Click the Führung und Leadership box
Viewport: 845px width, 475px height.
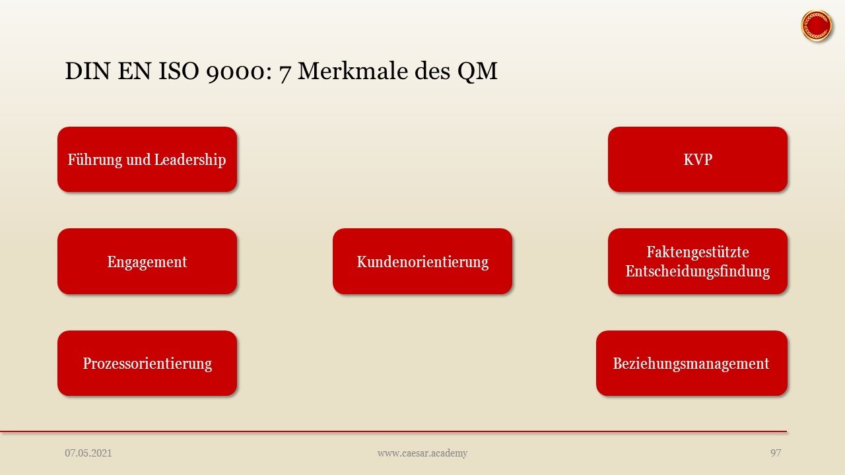tap(147, 160)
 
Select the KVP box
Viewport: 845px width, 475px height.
tap(698, 160)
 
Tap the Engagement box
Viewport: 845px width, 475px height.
tap(147, 261)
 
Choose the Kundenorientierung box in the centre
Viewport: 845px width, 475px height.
tap(422, 261)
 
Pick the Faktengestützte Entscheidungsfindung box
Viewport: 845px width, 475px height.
tap(698, 261)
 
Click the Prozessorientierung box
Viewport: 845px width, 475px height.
tap(147, 364)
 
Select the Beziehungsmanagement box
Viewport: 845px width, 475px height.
tap(692, 364)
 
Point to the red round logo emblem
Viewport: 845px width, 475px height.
tap(817, 26)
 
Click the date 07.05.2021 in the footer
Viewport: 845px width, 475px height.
tap(88, 453)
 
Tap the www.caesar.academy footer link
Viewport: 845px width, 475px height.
tap(422, 453)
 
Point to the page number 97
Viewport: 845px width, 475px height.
tap(776, 453)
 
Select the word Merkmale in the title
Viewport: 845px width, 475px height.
tap(353, 71)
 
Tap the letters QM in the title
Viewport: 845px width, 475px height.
tap(477, 71)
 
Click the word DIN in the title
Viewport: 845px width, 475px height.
tap(88, 71)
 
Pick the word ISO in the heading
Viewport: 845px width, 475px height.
tap(178, 71)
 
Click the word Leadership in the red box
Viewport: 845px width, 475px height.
tap(190, 160)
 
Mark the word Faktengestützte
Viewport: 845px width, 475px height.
tap(698, 252)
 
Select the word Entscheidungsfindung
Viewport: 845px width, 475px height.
tap(698, 271)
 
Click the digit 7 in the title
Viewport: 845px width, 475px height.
tap(285, 73)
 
